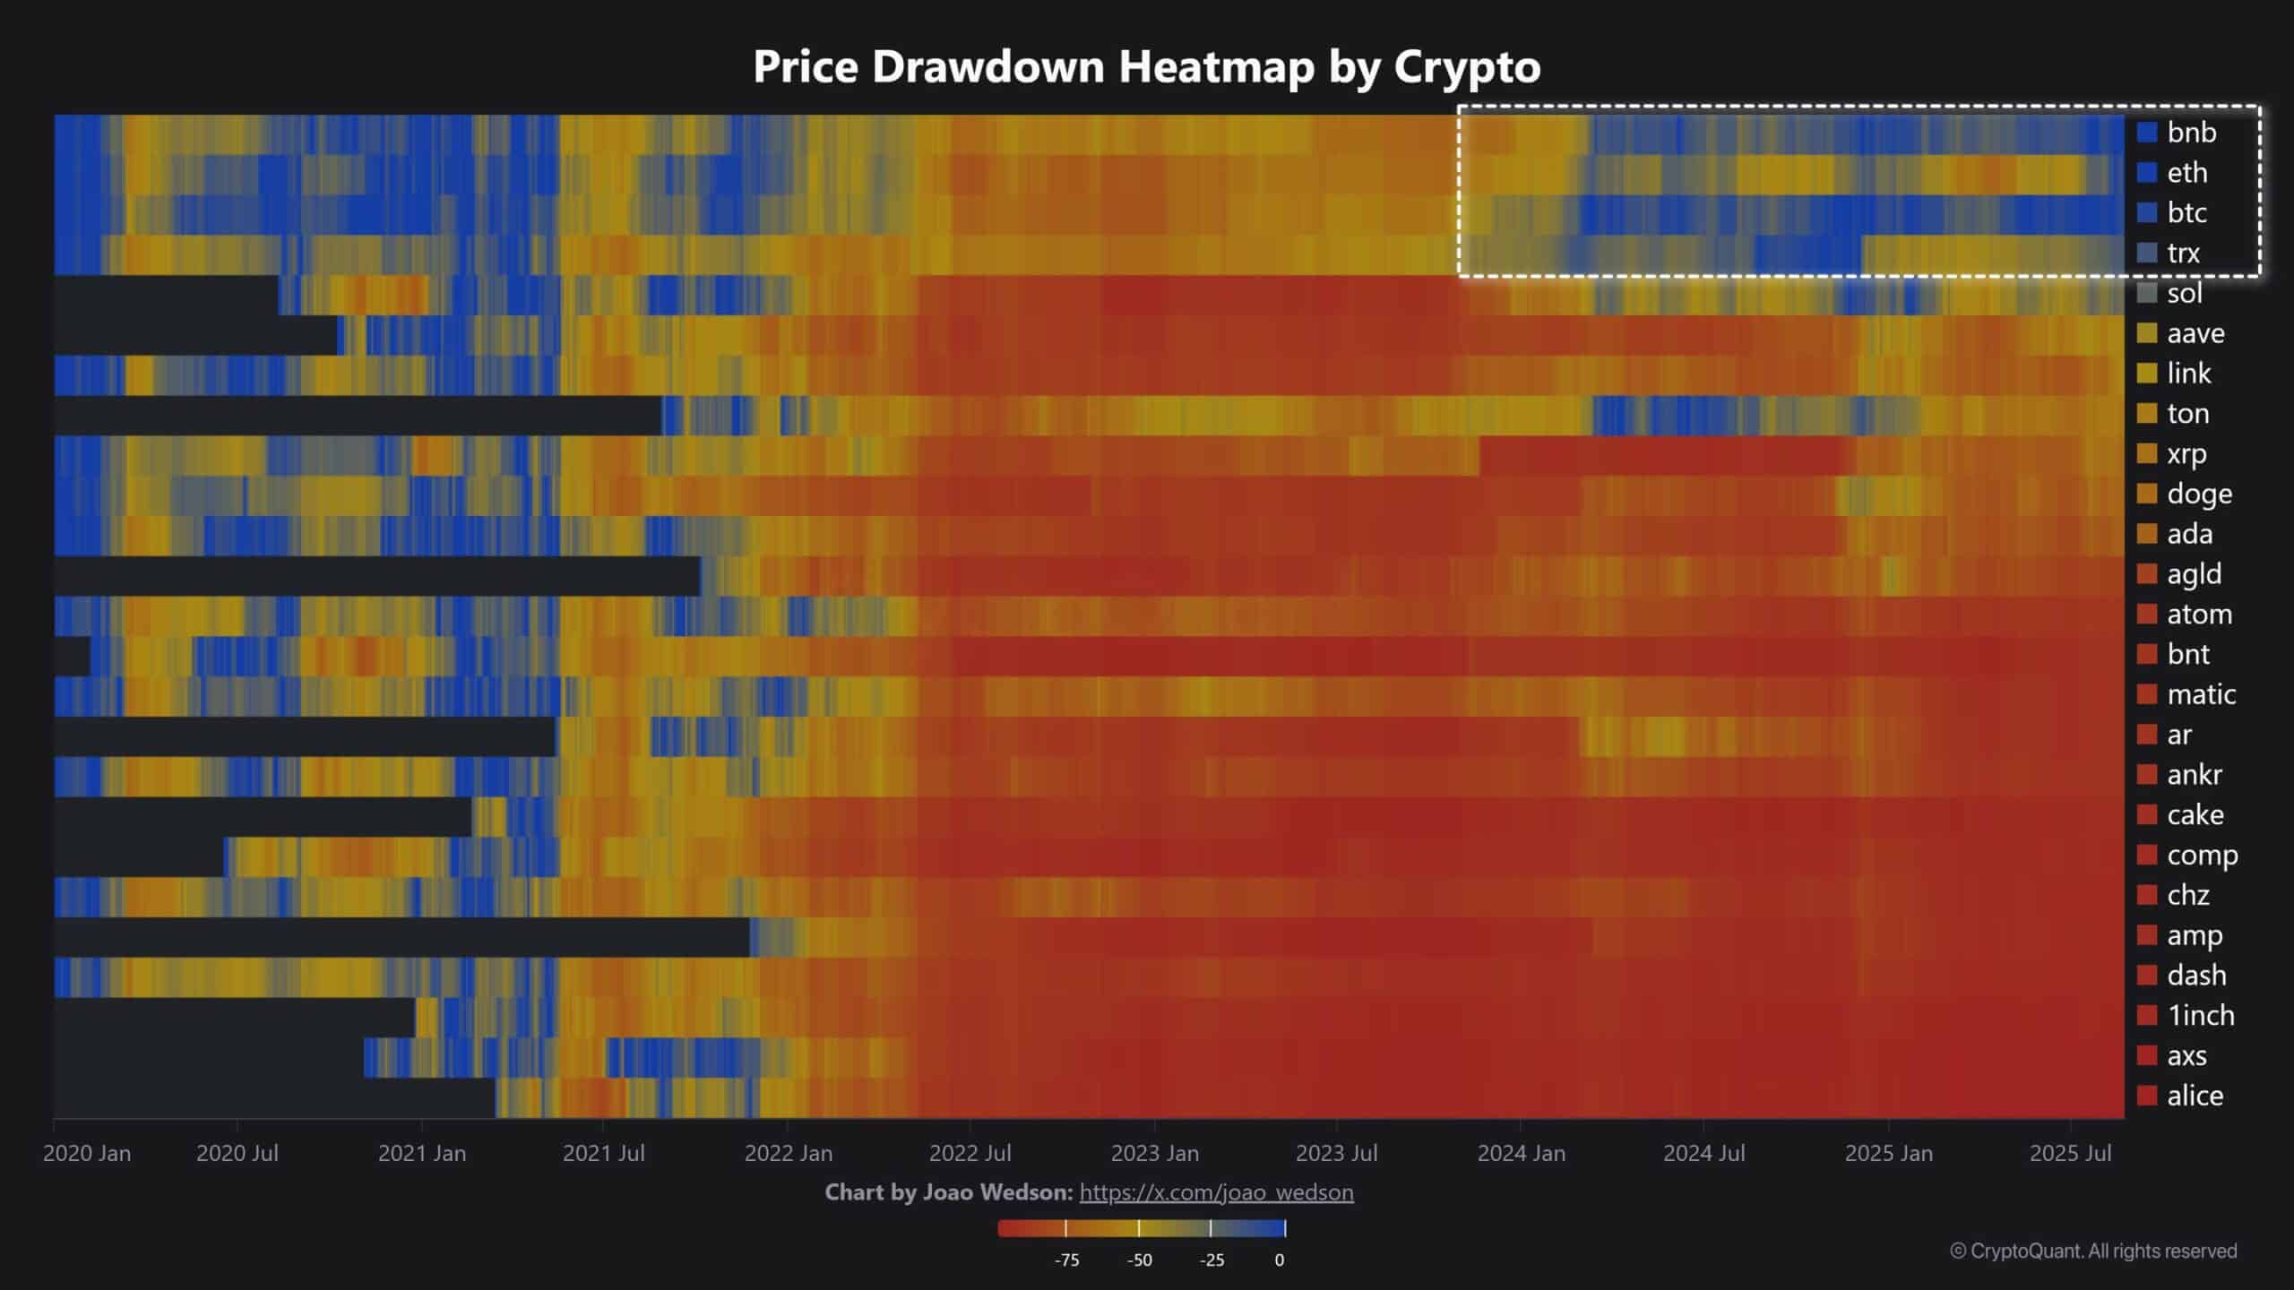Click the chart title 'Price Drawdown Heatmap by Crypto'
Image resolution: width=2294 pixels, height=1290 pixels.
[1146, 66]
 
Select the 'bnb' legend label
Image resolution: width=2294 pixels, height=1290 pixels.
[2191, 133]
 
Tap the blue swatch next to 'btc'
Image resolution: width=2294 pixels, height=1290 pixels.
[2147, 212]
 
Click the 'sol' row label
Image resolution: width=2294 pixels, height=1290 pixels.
[2184, 293]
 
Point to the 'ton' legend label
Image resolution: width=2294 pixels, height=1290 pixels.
[2187, 413]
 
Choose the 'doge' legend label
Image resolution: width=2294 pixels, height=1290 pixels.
[2199, 494]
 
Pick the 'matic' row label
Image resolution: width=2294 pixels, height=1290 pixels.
[2201, 694]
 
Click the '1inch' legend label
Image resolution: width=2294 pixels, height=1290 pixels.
[2200, 1015]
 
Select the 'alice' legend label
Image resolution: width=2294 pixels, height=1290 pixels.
[2195, 1096]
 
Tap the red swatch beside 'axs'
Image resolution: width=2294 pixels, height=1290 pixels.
[2147, 1055]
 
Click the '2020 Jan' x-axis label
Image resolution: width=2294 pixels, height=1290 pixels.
[87, 1153]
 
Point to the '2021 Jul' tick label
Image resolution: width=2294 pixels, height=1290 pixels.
[603, 1153]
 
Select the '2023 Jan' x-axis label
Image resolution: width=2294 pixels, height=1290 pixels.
[1154, 1153]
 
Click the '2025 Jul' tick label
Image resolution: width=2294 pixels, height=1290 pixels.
[2070, 1153]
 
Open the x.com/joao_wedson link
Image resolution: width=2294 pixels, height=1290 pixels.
[1216, 1192]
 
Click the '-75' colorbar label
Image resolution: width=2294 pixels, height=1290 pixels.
[1066, 1260]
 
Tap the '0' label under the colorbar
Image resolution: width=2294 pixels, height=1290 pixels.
[1279, 1260]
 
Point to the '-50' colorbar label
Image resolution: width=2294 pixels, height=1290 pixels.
[1139, 1260]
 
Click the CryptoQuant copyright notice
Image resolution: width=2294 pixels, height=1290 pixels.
[2093, 1251]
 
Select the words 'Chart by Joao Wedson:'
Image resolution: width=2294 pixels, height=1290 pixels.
[948, 1192]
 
